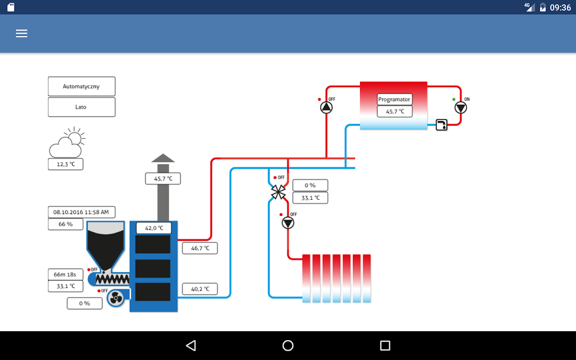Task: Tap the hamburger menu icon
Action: pos(22,33)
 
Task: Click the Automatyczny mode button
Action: pos(81,86)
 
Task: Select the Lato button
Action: pos(81,107)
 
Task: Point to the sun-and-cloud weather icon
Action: pos(67,143)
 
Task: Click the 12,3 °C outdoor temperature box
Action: pos(66,164)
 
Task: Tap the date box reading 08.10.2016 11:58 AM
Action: pos(81,212)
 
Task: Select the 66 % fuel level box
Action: pos(66,224)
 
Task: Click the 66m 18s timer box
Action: pos(66,274)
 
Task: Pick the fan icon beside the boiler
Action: pos(116,298)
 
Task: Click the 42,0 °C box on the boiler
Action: pos(154,228)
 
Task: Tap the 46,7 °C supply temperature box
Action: pos(200,248)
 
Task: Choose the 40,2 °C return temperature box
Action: pos(200,289)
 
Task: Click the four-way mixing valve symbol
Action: pos(278,192)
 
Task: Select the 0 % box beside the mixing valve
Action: pos(310,185)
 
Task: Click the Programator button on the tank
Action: pos(394,99)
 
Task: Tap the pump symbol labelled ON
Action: pos(461,108)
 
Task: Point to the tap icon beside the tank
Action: pos(442,125)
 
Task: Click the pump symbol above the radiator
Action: pos(288,223)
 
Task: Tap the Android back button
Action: pos(191,346)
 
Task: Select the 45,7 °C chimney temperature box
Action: pos(163,179)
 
